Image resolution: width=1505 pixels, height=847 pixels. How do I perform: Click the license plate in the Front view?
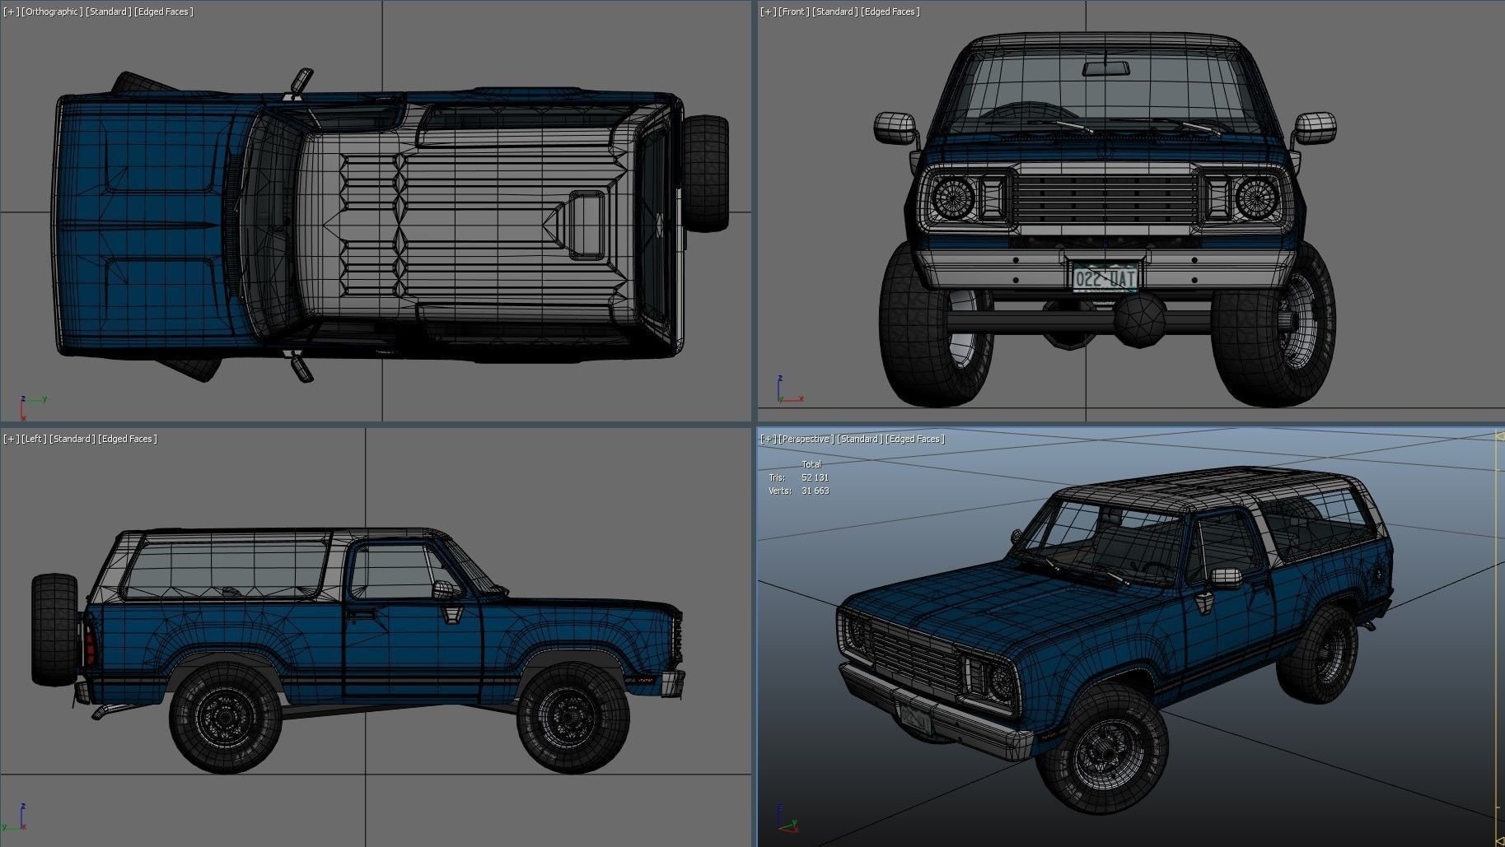pyautogui.click(x=1105, y=277)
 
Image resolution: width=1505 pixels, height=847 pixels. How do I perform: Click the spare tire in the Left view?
pyautogui.click(x=54, y=630)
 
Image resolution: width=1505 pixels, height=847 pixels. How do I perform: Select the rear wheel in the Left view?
pyautogui.click(x=225, y=718)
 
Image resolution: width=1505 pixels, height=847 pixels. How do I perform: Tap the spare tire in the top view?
pyautogui.click(x=705, y=173)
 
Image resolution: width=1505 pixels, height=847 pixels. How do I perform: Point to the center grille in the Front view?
pyautogui.click(x=1105, y=198)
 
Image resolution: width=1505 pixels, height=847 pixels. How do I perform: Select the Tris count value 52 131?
pyautogui.click(x=815, y=477)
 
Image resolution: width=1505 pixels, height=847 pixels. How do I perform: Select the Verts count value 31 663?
pyautogui.click(x=815, y=491)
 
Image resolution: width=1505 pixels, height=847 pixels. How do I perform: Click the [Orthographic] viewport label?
pyautogui.click(x=54, y=12)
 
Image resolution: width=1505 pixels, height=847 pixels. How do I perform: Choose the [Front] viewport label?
pyautogui.click(x=795, y=12)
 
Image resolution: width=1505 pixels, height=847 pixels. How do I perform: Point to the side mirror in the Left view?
pyautogui.click(x=445, y=589)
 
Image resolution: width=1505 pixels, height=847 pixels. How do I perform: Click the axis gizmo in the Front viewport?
pyautogui.click(x=785, y=393)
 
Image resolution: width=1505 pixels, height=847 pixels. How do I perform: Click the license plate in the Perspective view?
pyautogui.click(x=915, y=720)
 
